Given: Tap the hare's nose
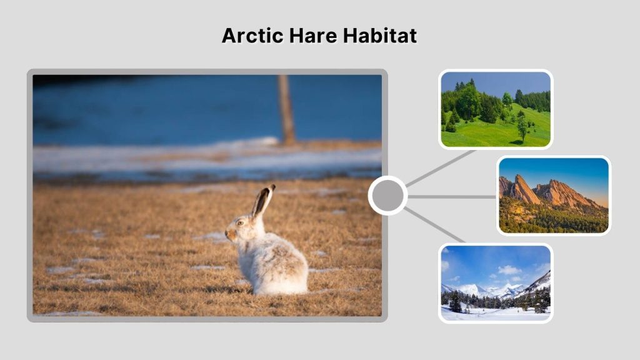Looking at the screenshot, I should (227, 232).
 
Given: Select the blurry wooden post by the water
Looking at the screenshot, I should (286, 109).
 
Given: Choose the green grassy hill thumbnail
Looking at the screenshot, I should (496, 109).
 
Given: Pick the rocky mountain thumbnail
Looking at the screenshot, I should (554, 195).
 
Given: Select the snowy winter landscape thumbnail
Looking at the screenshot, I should (496, 283).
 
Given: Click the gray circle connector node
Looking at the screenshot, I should (387, 196).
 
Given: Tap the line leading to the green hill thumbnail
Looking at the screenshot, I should (441, 167).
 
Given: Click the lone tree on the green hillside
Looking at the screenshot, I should (522, 127).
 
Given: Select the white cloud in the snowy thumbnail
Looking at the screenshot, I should (509, 270).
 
